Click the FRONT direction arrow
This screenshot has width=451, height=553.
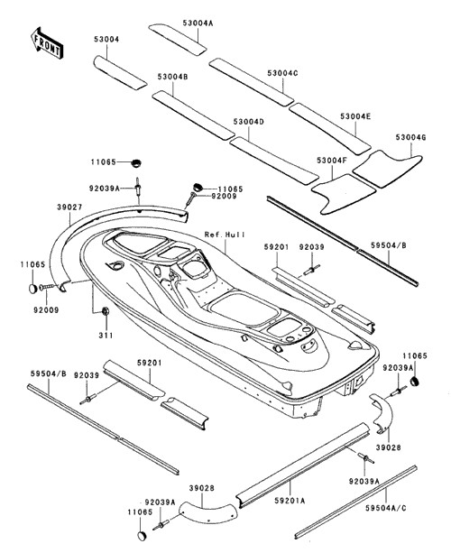tap(47, 42)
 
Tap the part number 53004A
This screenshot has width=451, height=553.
tap(198, 23)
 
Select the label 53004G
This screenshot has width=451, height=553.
tap(410, 137)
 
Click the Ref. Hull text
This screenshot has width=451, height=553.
tap(225, 235)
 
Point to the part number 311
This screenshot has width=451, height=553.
tap(106, 335)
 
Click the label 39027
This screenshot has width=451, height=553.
tap(69, 207)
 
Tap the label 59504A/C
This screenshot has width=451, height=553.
tap(386, 508)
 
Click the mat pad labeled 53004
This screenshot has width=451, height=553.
tap(120, 72)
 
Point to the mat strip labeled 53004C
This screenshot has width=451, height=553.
tap(256, 82)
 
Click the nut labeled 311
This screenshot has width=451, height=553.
tap(105, 311)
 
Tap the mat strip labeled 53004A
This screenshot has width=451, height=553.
tap(178, 39)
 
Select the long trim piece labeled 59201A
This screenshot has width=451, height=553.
tap(302, 465)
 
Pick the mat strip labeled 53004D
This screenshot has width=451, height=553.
tap(274, 160)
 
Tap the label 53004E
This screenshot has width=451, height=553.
tap(355, 116)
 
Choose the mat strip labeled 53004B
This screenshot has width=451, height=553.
tap(194, 115)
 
